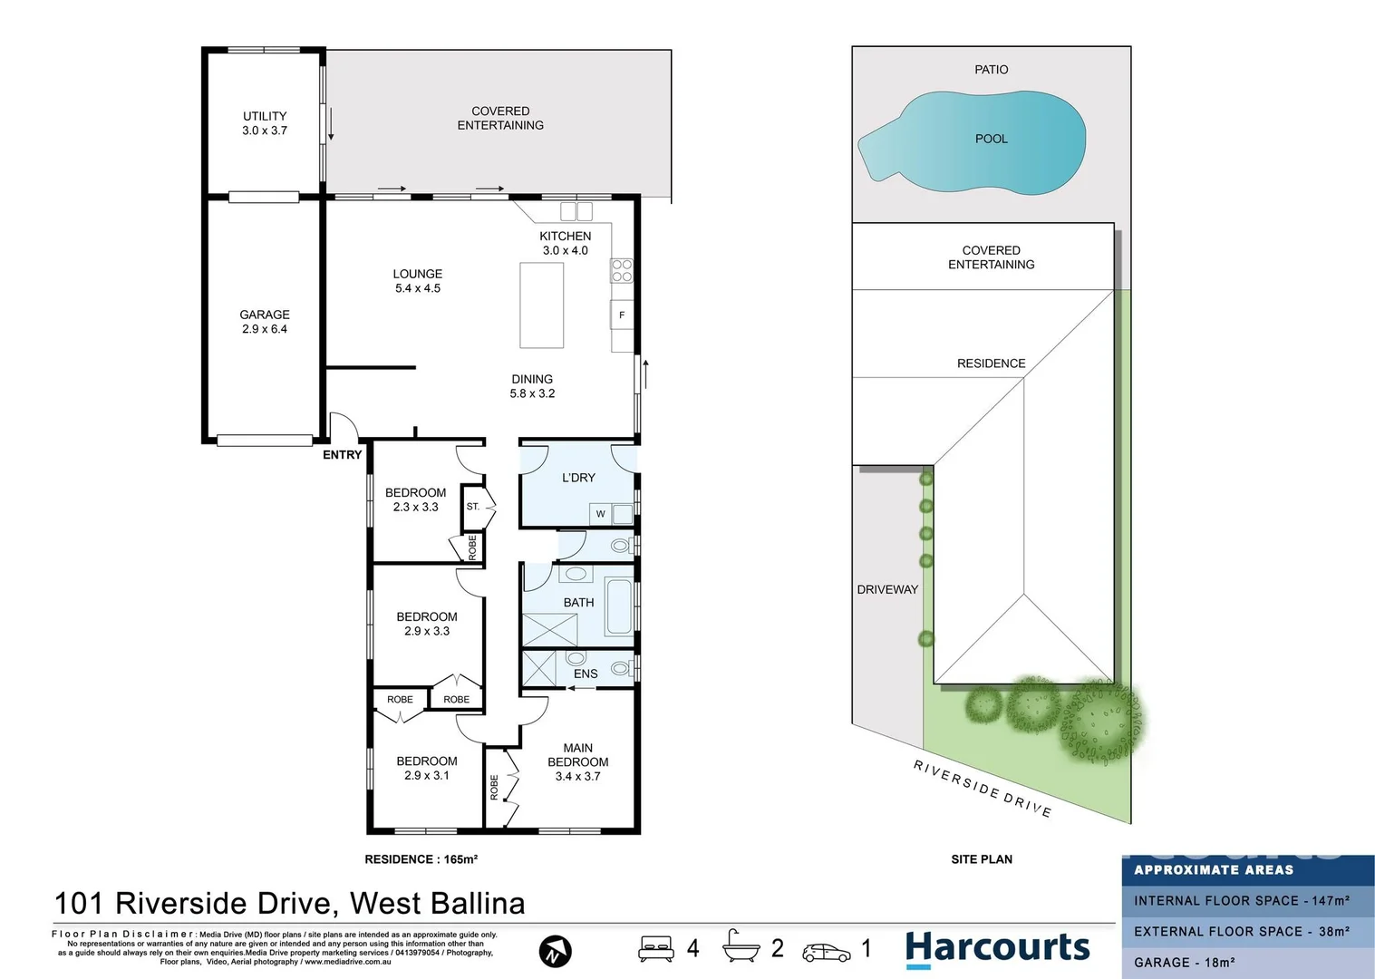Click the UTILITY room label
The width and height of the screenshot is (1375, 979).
click(265, 123)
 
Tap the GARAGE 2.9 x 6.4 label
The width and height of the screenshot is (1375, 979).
click(265, 322)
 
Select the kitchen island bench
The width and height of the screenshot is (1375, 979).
click(541, 305)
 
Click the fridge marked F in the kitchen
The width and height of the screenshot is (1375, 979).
click(622, 315)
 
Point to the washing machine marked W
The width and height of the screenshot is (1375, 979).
click(600, 514)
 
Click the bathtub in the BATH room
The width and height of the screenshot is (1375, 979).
click(619, 606)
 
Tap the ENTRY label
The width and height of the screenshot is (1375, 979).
click(342, 455)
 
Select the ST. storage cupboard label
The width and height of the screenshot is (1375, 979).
click(473, 507)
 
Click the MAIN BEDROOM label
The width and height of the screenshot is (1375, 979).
click(577, 761)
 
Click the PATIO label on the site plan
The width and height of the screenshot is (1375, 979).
click(991, 70)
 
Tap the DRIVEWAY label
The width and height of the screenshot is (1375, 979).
click(887, 589)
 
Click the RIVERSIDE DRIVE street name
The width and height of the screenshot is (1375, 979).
click(983, 789)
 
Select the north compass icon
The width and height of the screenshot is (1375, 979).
click(555, 952)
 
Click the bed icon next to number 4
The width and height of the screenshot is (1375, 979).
click(656, 949)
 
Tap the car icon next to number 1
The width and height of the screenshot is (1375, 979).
click(826, 952)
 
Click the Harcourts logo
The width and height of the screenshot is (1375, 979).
click(997, 949)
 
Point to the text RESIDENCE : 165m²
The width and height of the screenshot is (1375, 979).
click(421, 859)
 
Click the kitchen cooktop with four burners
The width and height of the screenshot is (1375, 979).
click(622, 270)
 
